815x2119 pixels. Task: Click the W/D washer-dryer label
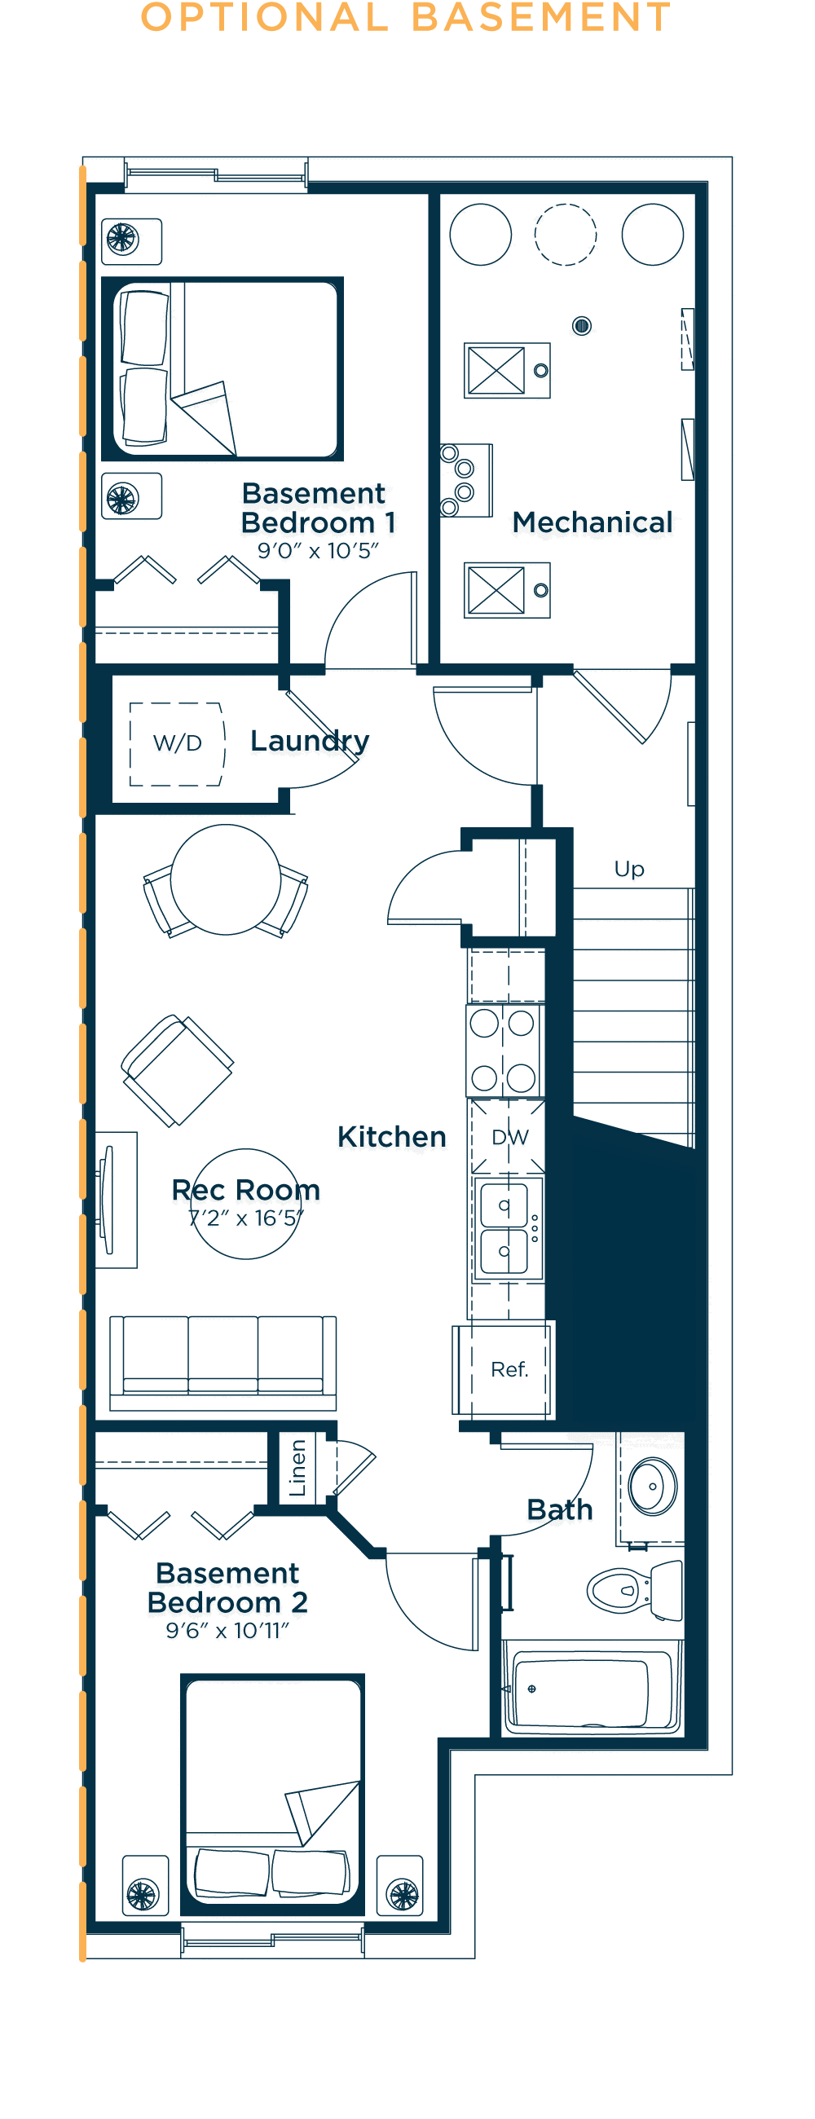pos(177,742)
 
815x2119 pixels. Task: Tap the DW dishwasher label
pos(510,1137)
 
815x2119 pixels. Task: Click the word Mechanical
pos(593,522)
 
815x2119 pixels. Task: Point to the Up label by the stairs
pos(629,870)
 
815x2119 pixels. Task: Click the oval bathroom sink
pos(652,1487)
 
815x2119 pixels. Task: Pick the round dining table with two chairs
pos(225,880)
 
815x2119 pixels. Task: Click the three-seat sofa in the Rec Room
pos(222,1361)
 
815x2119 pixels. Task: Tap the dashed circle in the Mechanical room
pos(566,235)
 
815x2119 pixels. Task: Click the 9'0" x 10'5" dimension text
pos(319,551)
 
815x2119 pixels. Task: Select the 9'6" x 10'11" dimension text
pos(228,1630)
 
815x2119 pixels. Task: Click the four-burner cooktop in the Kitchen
pos(504,1051)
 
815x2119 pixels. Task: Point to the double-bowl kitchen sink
pos(505,1228)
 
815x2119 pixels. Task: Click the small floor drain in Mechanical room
pos(581,326)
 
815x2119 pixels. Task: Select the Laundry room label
pos(309,740)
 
